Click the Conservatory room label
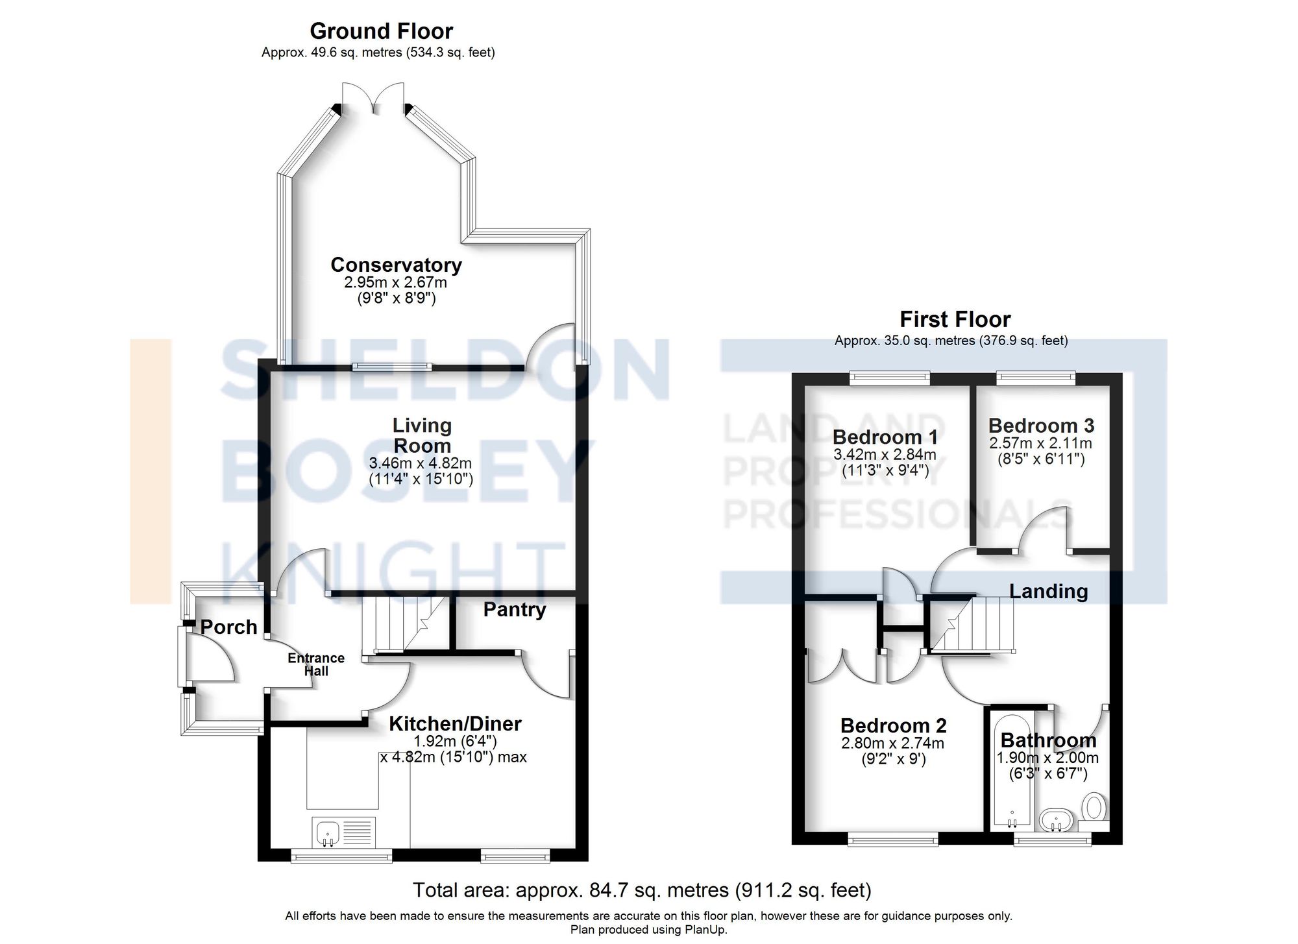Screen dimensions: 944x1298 click(396, 265)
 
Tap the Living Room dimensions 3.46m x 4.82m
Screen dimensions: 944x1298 click(421, 464)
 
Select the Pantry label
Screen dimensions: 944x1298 click(515, 609)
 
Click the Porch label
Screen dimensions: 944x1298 click(228, 627)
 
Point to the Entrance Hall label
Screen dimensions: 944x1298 click(316, 664)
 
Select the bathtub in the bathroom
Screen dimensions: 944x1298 click(1010, 772)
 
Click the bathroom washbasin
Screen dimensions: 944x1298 click(1057, 819)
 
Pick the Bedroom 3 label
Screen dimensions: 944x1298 click(1041, 426)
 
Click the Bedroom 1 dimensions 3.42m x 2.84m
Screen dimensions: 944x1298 click(885, 455)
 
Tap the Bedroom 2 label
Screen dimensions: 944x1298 click(893, 725)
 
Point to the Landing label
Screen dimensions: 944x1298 click(1048, 591)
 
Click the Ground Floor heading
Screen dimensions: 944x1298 click(381, 30)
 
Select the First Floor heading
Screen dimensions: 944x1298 click(955, 319)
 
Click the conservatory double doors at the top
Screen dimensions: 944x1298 click(373, 97)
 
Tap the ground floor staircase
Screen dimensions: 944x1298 click(403, 624)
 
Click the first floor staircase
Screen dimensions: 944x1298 click(972, 623)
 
